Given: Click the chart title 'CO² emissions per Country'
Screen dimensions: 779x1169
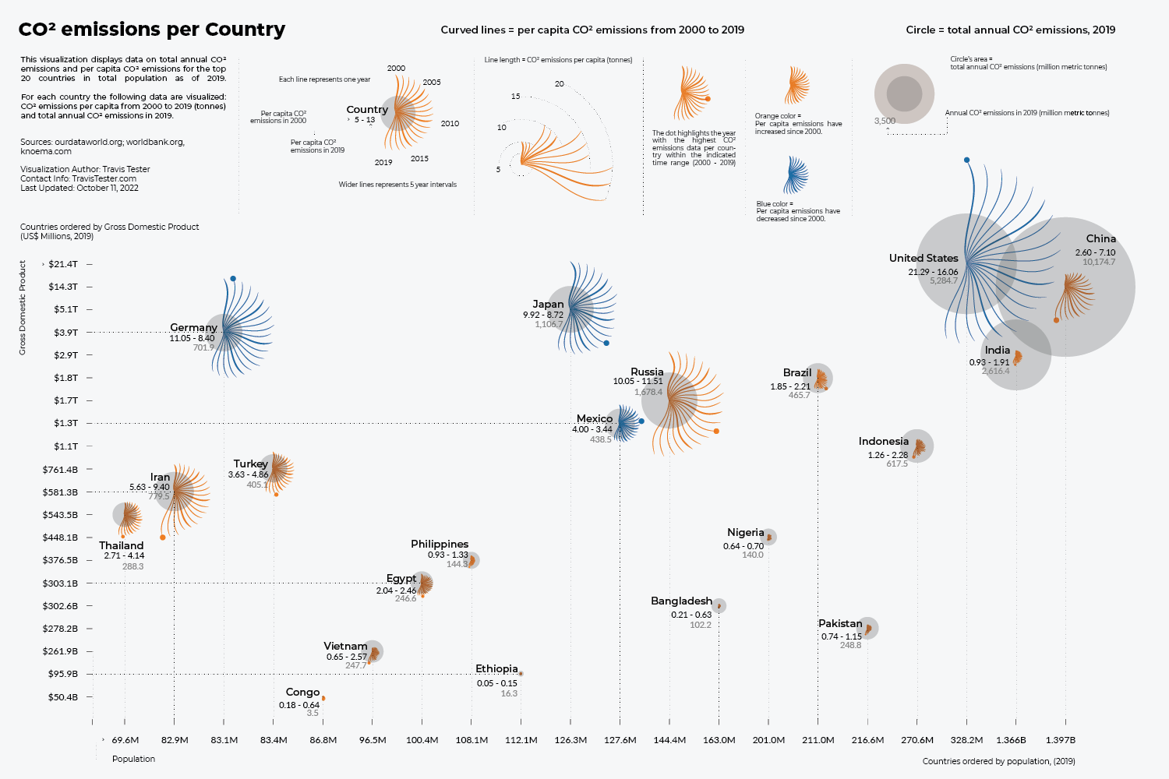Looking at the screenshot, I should (152, 30).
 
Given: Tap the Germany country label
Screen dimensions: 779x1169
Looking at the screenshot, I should (193, 327).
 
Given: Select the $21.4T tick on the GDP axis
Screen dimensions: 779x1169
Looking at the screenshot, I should (63, 264).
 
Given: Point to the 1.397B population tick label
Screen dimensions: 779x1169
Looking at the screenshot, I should (1060, 740).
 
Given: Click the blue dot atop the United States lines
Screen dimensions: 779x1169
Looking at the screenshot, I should (966, 160).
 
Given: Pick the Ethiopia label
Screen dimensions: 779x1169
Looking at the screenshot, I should (496, 668).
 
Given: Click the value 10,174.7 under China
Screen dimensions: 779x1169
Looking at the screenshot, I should (1098, 262).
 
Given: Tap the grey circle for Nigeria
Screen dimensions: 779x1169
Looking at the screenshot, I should (769, 537).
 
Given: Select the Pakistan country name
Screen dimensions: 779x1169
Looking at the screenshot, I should (840, 623).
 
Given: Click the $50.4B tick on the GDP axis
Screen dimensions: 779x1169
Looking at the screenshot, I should (63, 697).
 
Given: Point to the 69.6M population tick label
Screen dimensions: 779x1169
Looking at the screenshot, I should (125, 740).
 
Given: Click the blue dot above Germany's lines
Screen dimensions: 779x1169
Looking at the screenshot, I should (233, 279).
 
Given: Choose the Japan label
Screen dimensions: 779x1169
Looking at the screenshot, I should (548, 304).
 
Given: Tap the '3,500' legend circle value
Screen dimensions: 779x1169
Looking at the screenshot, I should (885, 121).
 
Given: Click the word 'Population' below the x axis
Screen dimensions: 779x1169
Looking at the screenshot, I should (133, 759).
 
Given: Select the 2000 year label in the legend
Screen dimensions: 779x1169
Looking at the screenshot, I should (396, 68).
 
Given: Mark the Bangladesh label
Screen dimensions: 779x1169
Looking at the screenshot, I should (681, 601).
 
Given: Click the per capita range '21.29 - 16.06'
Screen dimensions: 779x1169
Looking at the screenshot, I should (933, 272).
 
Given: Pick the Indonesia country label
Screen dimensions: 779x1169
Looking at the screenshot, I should (883, 441).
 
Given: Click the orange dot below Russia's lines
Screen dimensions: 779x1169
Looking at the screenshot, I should (716, 431).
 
